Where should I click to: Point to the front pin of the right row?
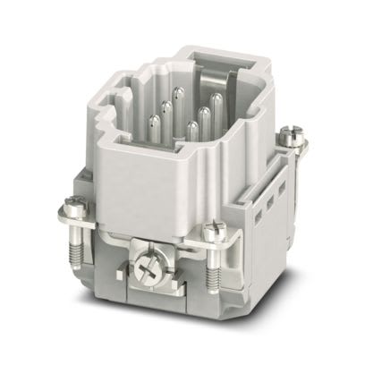click(x=191, y=132)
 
